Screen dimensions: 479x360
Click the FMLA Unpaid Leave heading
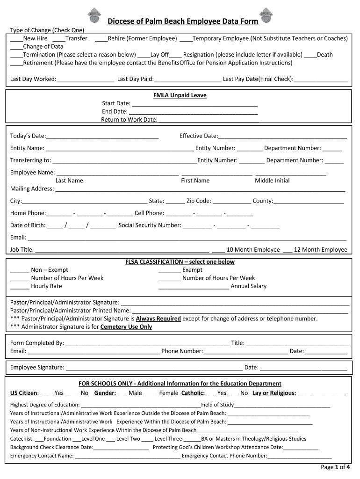(180, 95)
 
